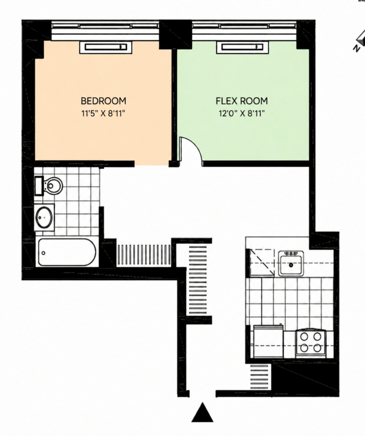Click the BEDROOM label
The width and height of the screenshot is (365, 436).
point(103,101)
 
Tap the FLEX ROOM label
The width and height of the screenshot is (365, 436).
point(241,101)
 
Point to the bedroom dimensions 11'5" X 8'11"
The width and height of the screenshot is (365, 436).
point(103,113)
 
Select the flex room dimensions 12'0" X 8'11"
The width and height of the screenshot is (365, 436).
point(241,113)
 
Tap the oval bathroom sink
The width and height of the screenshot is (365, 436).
point(44,217)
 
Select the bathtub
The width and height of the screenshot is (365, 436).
point(67,252)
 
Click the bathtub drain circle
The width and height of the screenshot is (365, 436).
point(43,253)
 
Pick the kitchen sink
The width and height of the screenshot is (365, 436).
point(291,263)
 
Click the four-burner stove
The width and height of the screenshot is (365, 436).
point(311,343)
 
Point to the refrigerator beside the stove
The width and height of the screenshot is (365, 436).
point(268,341)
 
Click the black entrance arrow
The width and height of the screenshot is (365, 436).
point(203,412)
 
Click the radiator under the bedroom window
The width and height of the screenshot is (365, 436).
point(106,47)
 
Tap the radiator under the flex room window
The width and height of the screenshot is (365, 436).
point(243,47)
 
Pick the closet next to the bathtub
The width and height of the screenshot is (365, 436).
point(144,255)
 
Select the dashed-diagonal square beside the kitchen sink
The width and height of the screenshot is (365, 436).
point(262,262)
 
